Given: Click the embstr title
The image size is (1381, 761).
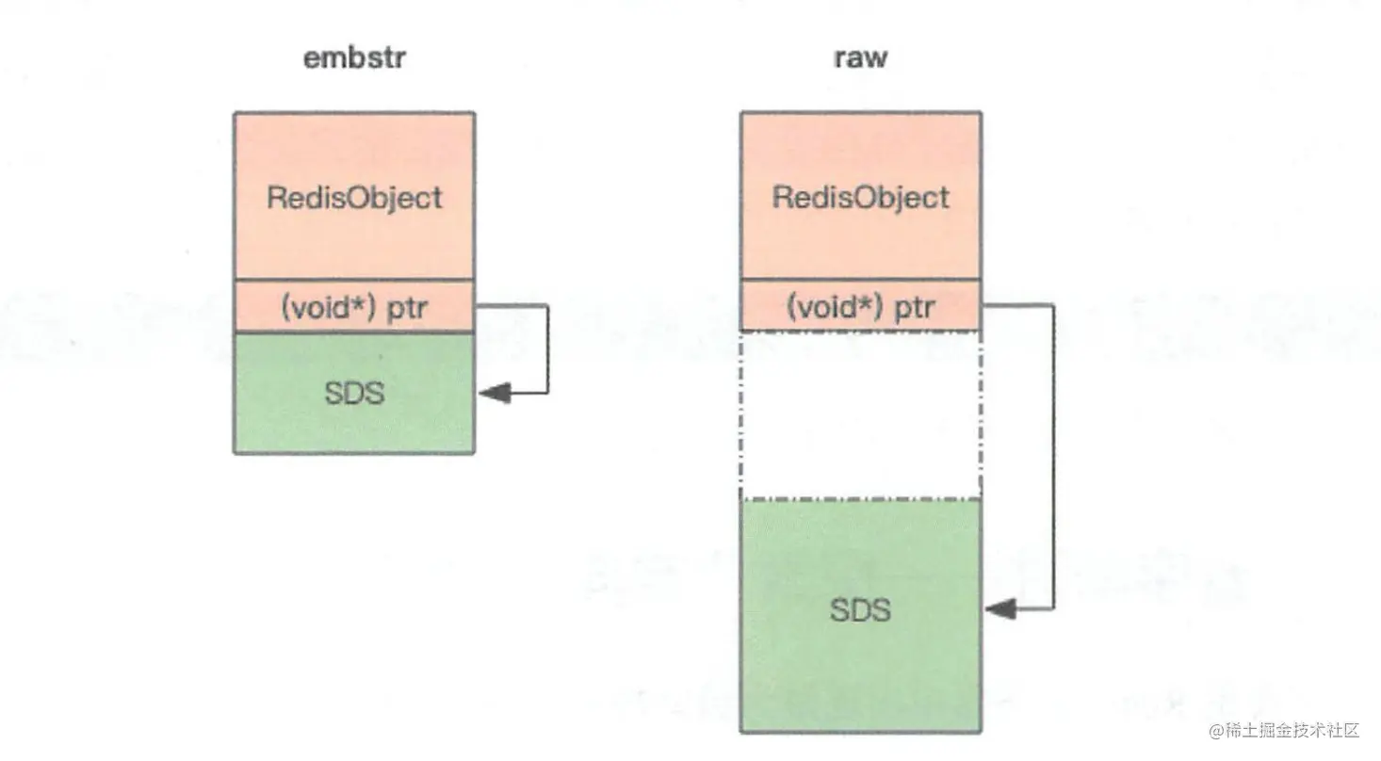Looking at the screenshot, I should coord(354,58).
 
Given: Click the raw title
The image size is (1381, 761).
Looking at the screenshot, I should coord(860,58).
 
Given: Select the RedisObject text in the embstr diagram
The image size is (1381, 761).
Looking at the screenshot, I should coord(354,198).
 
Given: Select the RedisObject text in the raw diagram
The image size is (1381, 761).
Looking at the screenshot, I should coord(860,198).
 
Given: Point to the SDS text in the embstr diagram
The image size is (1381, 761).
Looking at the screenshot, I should coord(354,393).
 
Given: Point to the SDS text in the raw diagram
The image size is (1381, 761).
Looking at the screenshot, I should coord(860,610).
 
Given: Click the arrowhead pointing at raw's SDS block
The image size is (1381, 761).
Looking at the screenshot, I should coord(999,610).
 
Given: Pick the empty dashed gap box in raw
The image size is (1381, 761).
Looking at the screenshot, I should coord(860,414).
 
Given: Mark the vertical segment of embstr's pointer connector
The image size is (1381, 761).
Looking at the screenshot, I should coord(547,348).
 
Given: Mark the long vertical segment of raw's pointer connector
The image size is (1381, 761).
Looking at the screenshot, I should coord(1053,457).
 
